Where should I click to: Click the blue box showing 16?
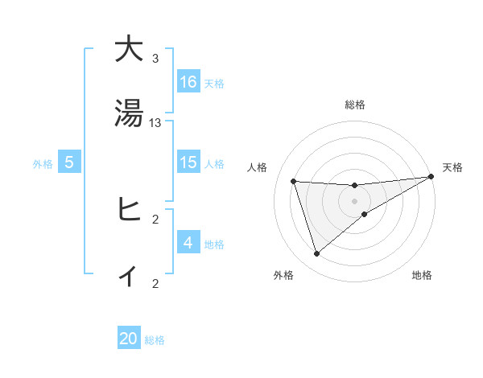tap(188, 81)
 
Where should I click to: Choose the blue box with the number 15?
tap(188, 162)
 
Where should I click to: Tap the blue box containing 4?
tap(188, 242)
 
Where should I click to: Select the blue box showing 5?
tap(69, 162)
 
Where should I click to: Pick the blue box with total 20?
tap(129, 339)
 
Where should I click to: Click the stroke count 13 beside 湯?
tap(155, 123)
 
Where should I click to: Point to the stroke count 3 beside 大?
tap(155, 58)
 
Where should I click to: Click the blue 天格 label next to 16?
tap(214, 83)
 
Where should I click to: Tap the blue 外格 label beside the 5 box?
tap(43, 163)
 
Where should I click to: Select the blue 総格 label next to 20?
tap(155, 340)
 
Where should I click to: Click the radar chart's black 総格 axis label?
tap(354, 105)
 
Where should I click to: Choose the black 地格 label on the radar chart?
tap(422, 275)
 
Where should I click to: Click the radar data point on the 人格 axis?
tap(294, 181)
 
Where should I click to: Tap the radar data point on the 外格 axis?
tap(316, 254)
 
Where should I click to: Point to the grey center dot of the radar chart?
tap(354, 201)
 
